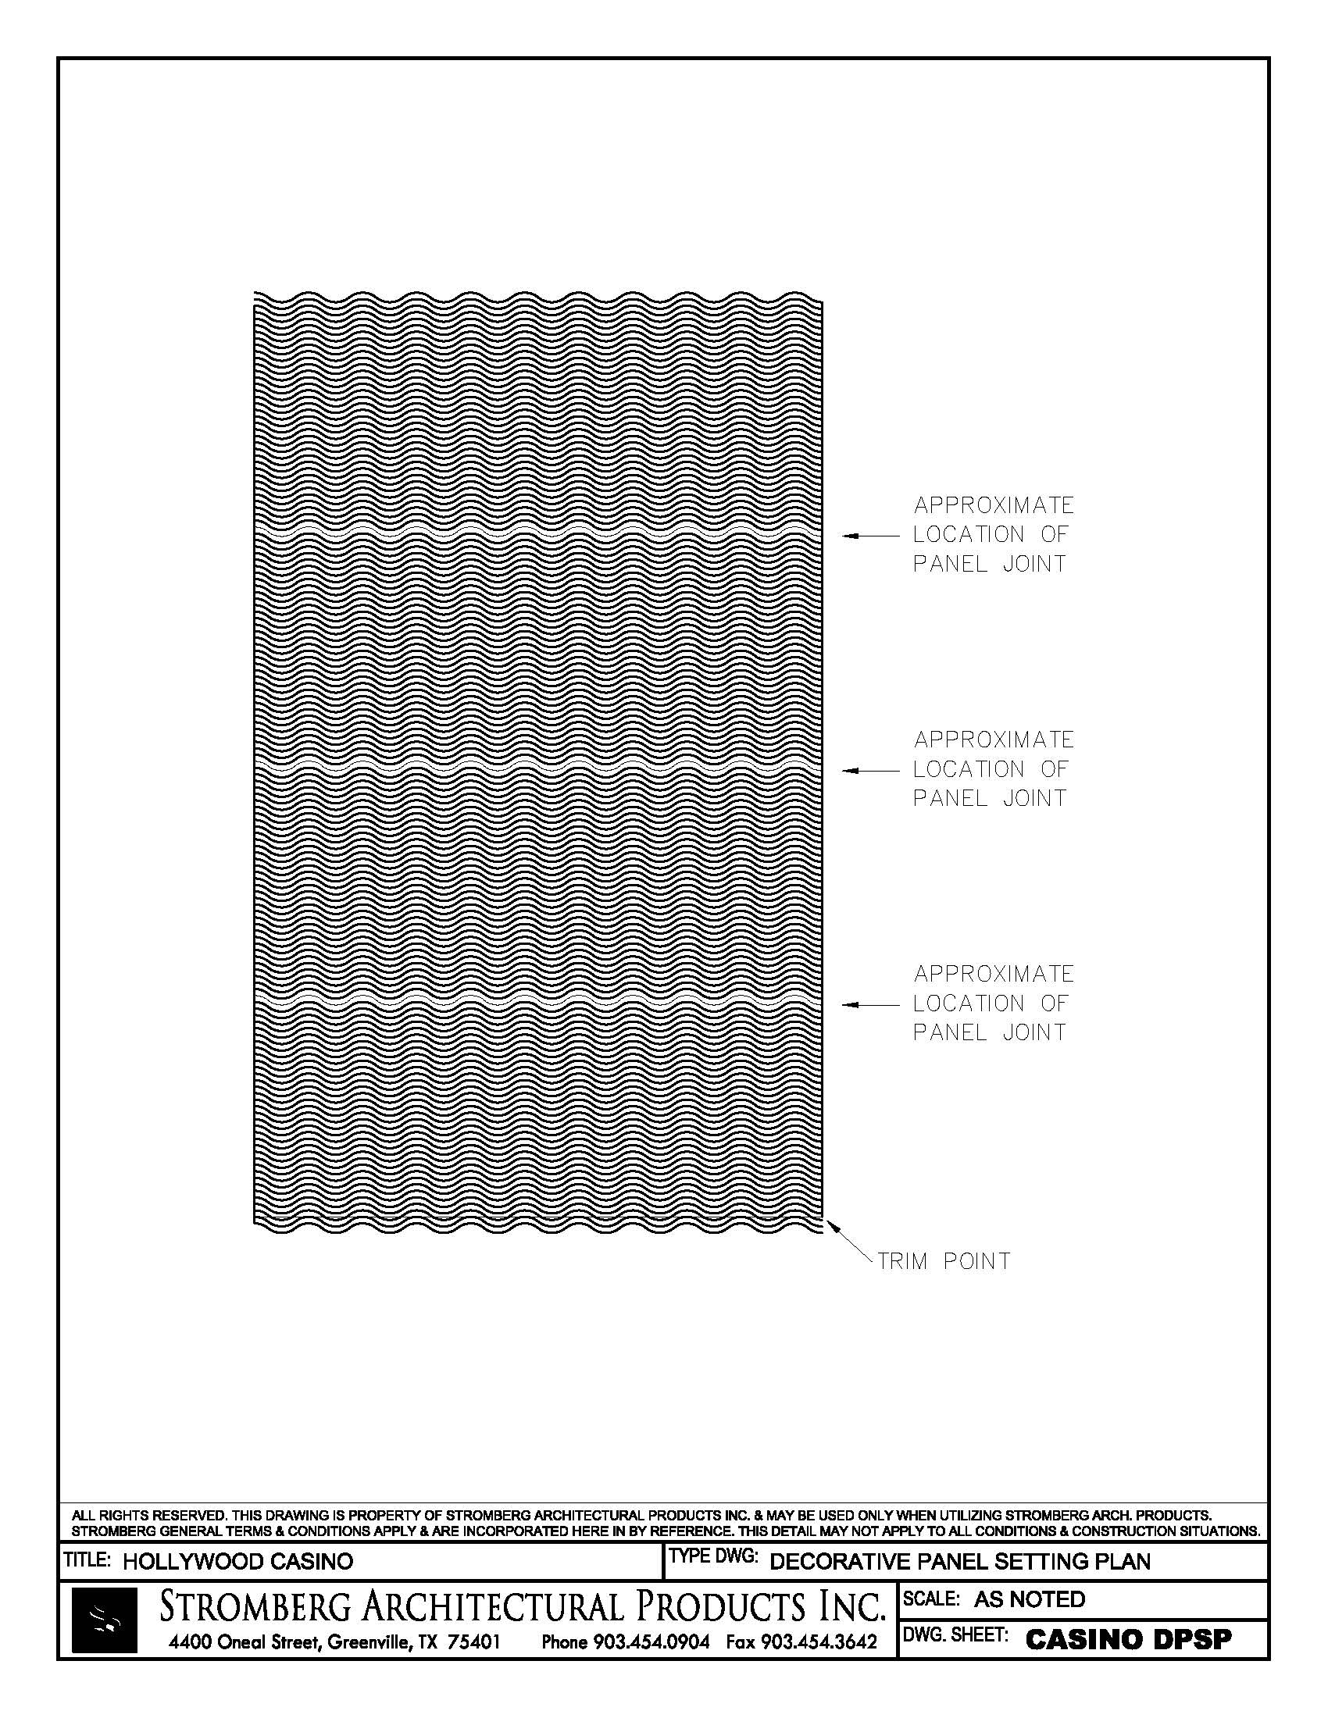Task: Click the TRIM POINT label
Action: (944, 1262)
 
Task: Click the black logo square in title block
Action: (104, 1620)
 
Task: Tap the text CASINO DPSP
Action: (1129, 1639)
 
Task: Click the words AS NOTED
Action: (1029, 1599)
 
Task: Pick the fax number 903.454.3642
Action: (817, 1642)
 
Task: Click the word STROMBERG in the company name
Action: (255, 1607)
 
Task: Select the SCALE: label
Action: (931, 1599)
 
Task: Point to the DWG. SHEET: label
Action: (956, 1635)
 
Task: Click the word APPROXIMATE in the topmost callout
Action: (994, 505)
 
